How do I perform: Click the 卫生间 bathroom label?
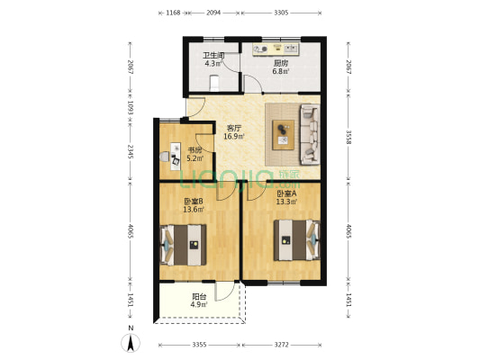click(x=213, y=56)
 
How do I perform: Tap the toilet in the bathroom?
click(x=214, y=83)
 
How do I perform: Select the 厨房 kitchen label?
click(x=281, y=63)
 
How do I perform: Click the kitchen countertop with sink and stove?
click(x=276, y=49)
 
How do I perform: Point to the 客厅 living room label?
click(x=234, y=128)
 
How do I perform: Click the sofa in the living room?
click(x=310, y=135)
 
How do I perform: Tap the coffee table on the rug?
click(x=283, y=135)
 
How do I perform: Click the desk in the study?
click(x=176, y=156)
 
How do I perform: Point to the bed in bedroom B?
click(x=183, y=245)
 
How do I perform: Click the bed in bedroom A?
click(x=297, y=240)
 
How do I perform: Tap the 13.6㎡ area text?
click(x=194, y=210)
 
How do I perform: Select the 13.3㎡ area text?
click(x=286, y=202)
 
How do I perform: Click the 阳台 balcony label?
click(x=199, y=296)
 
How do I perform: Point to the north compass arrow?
click(x=131, y=343)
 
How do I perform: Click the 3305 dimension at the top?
click(x=281, y=13)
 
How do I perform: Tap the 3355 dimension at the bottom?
click(x=199, y=345)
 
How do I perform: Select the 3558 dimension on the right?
click(x=349, y=137)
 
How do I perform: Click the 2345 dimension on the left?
click(x=131, y=151)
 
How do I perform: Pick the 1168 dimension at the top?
click(x=173, y=13)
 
